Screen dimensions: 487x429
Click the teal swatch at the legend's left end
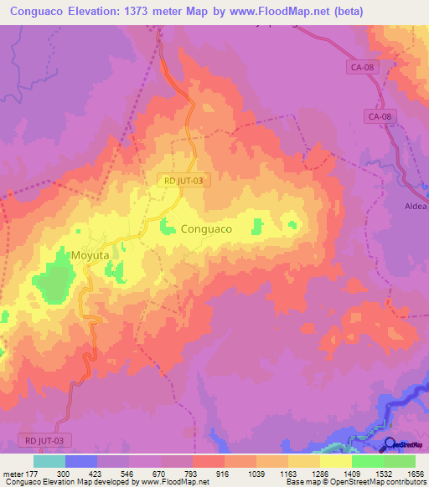click(49, 461)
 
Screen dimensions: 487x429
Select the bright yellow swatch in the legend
click(335, 461)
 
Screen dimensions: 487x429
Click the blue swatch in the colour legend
click(80, 461)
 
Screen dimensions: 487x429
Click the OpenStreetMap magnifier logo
click(389, 445)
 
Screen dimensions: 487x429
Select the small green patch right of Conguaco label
click(257, 225)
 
